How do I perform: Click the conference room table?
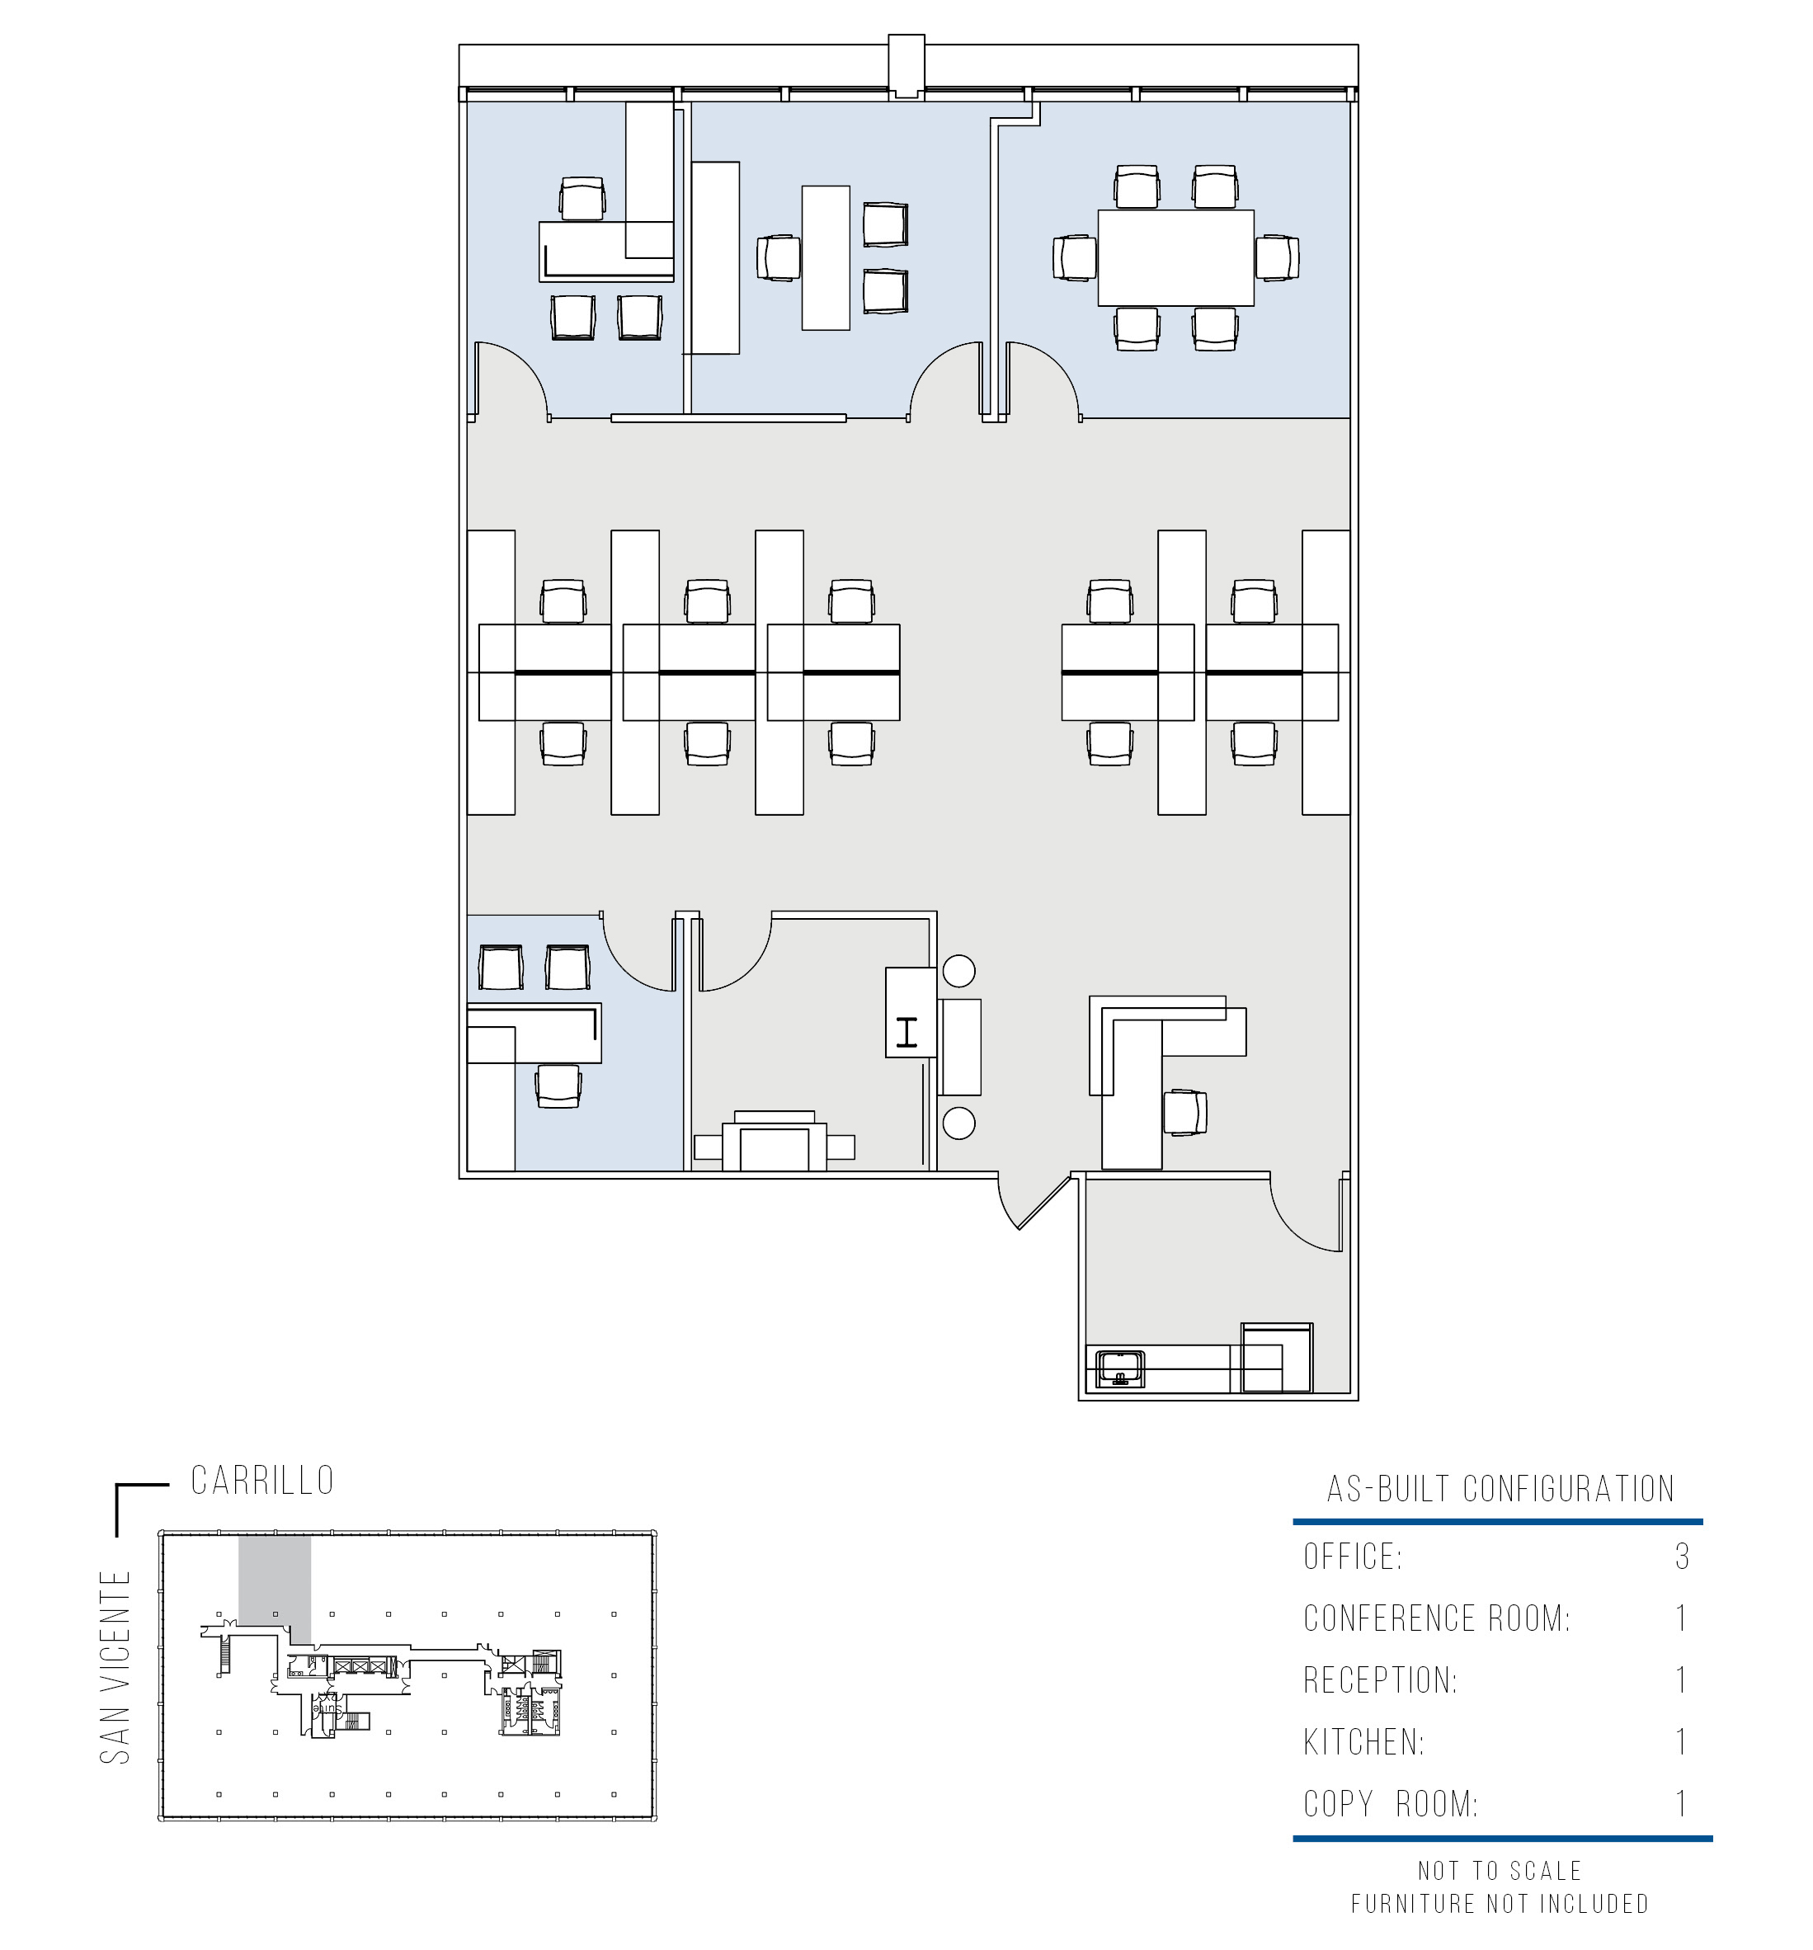[1175, 258]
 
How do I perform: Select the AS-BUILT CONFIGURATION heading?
[1500, 1489]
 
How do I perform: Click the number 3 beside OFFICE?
[1682, 1557]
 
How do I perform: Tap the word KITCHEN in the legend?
[1363, 1742]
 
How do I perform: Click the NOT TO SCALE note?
[1499, 1871]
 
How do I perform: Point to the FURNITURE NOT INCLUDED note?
[1499, 1904]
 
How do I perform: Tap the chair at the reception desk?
[1185, 1114]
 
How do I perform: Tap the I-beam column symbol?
[907, 1033]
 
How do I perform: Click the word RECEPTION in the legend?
[1379, 1680]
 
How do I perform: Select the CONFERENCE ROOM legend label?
[1436, 1618]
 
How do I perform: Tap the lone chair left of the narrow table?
[779, 258]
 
